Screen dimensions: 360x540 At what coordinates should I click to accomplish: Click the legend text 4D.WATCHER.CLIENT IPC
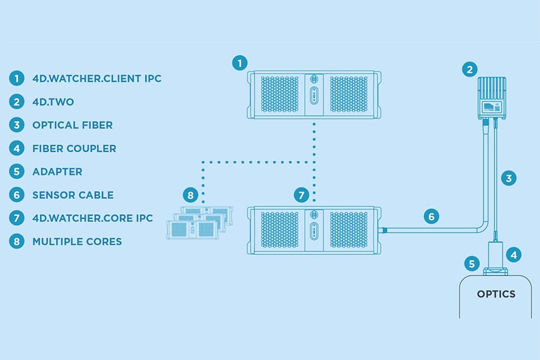point(97,78)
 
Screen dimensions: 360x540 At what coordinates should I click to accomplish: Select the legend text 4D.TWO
point(53,101)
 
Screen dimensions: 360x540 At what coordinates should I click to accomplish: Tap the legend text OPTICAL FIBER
point(73,125)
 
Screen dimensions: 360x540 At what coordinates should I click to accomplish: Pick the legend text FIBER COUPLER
point(74,148)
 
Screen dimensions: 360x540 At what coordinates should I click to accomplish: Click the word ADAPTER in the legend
point(57,172)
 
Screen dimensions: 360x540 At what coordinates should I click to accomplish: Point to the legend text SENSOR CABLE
point(73,195)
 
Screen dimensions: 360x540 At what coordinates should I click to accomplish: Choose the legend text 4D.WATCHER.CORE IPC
point(92,218)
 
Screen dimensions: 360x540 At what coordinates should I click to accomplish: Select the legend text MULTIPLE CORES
point(77,242)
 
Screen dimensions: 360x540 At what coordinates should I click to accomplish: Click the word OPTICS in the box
point(496,294)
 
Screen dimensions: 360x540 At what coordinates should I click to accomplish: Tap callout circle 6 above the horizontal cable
point(431,216)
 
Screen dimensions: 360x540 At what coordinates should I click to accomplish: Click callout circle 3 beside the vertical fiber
point(508,178)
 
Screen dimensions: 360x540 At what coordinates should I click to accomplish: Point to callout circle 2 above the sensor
point(469,70)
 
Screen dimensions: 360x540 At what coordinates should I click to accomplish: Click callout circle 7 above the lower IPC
point(301,195)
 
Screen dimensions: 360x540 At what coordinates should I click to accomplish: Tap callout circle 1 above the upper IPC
point(239,62)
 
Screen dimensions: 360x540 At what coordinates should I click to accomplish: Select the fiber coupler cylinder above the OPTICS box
point(495,254)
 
